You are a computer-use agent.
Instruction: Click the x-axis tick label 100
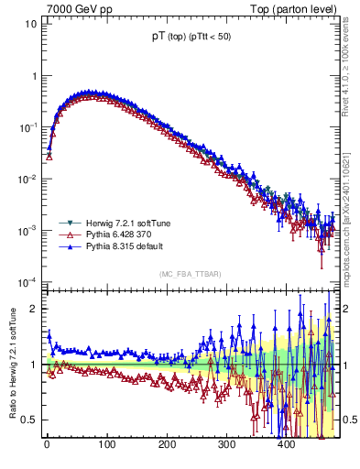click(106, 445)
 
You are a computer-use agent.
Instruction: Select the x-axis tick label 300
click(226, 445)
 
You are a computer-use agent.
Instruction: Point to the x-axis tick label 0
click(47, 445)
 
